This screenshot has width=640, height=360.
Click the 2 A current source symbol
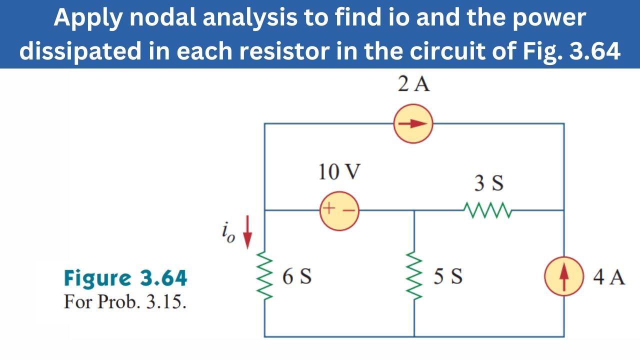tap(413, 124)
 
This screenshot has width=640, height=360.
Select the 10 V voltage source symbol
tap(339, 211)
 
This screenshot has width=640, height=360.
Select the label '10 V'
tap(339, 172)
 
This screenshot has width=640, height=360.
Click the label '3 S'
tap(488, 184)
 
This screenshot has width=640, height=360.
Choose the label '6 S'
tap(297, 276)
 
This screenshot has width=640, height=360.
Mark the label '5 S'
tap(447, 276)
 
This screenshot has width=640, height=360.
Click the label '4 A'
tap(608, 276)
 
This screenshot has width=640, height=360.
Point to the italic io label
tap(227, 233)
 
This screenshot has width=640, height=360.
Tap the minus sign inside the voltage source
tap(349, 211)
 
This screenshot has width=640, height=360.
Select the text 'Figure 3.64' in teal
tap(125, 278)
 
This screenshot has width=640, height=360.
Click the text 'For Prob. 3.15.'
tap(124, 302)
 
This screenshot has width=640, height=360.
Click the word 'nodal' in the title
tap(160, 18)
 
